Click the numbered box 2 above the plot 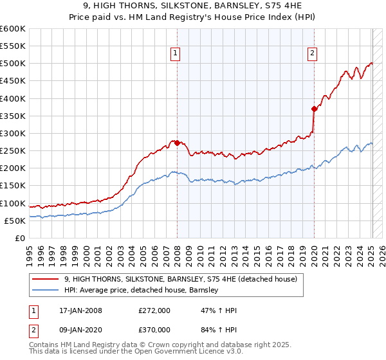pyautogui.click(x=313, y=54)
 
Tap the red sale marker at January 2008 pyautogui.click(x=177, y=143)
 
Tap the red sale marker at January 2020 pyautogui.click(x=314, y=109)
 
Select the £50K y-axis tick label pyautogui.click(x=15, y=221)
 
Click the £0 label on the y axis pyautogui.click(x=19, y=238)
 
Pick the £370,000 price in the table pyautogui.click(x=154, y=330)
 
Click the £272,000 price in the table pyautogui.click(x=154, y=311)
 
